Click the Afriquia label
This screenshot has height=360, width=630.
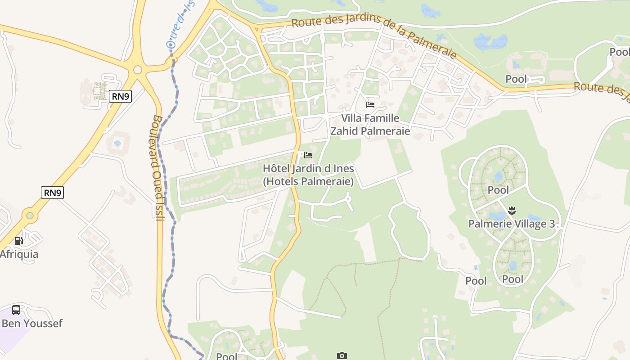pos(19,254)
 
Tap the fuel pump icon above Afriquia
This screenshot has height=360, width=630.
pos(18,241)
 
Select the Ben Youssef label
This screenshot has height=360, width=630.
pos(32,323)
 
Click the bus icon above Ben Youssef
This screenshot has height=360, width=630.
pos(16,310)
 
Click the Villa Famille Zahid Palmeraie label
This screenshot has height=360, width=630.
pos(370,125)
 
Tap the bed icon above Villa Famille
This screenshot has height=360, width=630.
pos(370,105)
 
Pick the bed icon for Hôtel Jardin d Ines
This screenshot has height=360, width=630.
pos(308,155)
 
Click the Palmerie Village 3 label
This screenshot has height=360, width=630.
pos(512,224)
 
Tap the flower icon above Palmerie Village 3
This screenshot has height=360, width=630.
pos(512,210)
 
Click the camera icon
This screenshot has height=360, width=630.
pos(342,355)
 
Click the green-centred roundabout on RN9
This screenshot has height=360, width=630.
pos(30,216)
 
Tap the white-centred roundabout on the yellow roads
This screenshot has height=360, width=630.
pos(138,70)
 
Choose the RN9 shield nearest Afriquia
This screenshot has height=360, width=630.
pos(53,193)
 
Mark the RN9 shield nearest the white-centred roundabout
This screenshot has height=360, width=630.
pos(120,96)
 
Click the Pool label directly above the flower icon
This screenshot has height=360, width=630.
pos(498,190)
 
